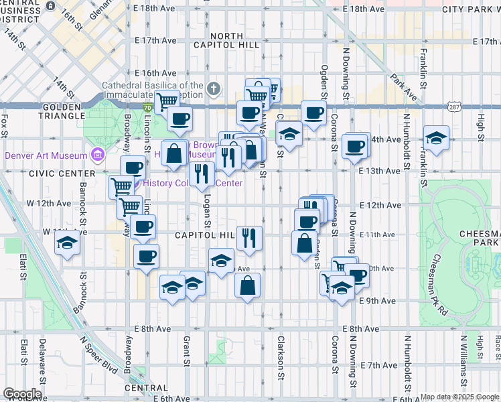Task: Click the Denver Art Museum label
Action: [46, 155]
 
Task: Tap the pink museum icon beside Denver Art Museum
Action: [98, 155]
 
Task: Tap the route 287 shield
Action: [455, 107]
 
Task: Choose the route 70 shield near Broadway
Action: [147, 107]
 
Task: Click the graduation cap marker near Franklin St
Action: [437, 138]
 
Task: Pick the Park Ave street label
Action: [404, 87]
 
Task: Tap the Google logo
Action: [22, 393]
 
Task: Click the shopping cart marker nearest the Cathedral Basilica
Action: [167, 101]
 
